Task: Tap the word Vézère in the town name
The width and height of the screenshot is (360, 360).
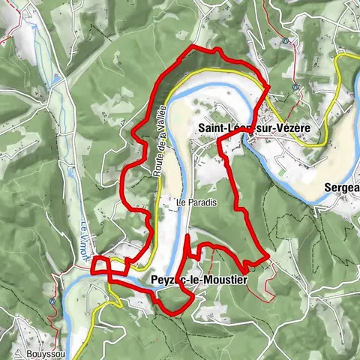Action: (x=290, y=128)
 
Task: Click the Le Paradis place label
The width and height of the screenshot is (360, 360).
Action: (x=190, y=202)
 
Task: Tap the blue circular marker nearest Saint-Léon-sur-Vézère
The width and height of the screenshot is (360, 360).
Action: (x=296, y=87)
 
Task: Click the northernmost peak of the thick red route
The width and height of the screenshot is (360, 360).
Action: (x=196, y=47)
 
